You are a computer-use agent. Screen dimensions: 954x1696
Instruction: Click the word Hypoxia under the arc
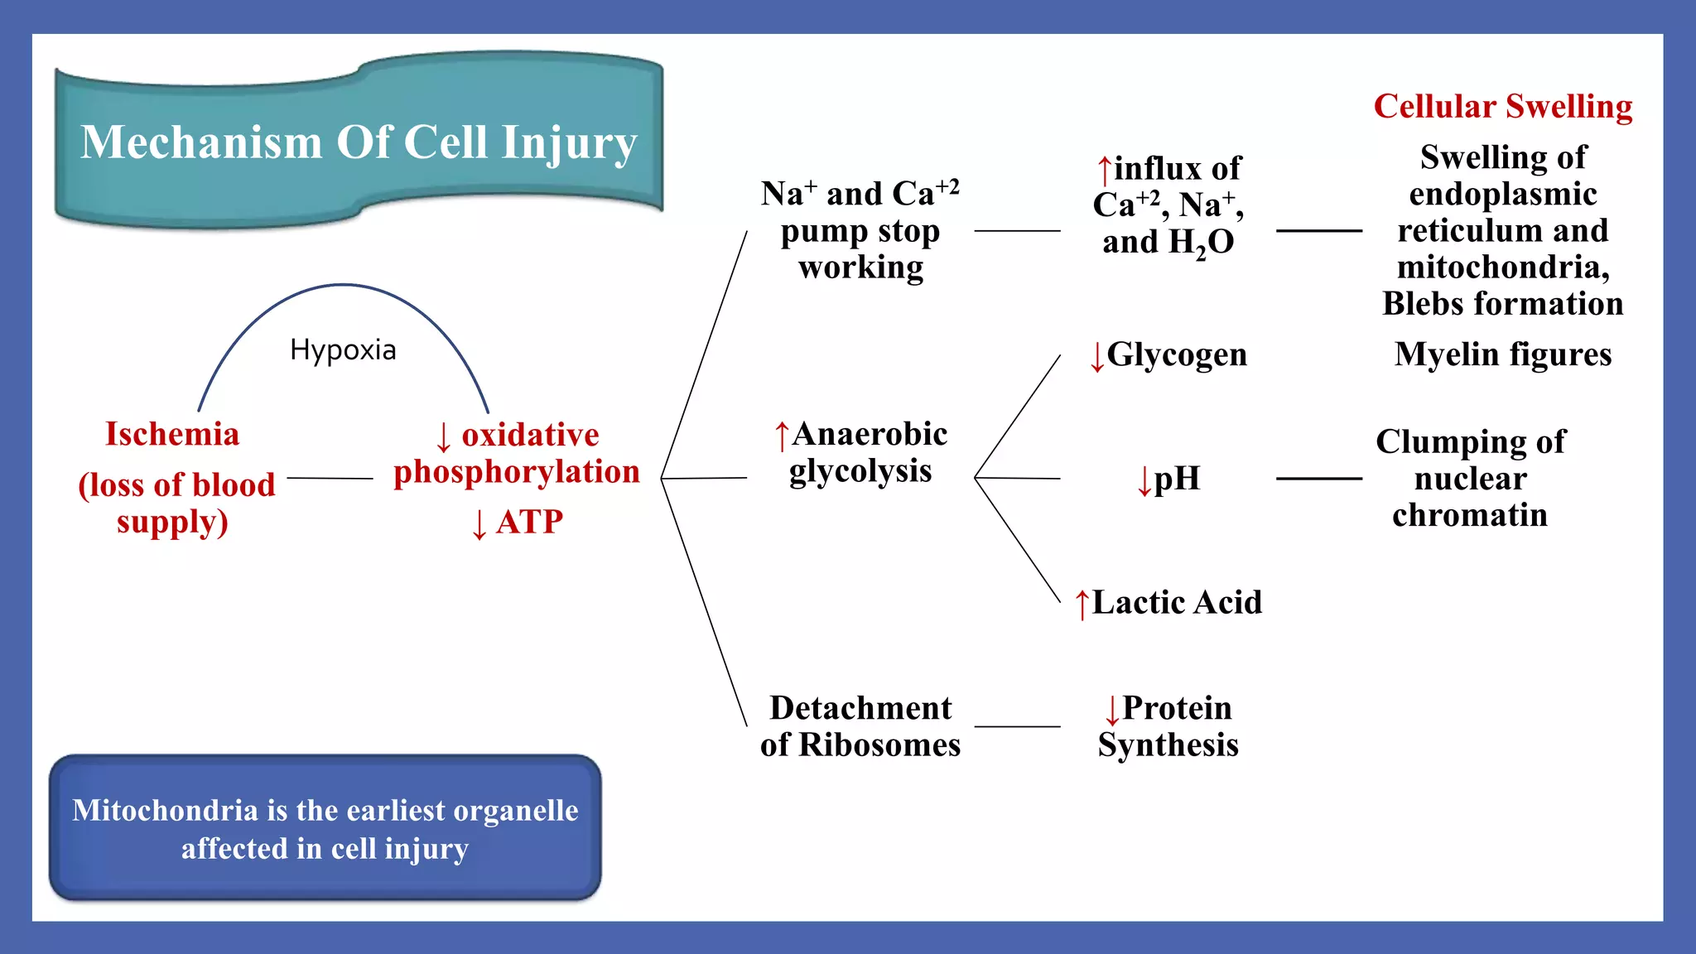coord(343,350)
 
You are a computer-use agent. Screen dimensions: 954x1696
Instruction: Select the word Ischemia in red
coord(172,434)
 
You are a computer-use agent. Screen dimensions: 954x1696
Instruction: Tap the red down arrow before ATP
coord(479,523)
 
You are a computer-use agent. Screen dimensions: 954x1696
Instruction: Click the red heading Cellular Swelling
coord(1502,107)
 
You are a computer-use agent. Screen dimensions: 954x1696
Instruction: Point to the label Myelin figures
coord(1502,354)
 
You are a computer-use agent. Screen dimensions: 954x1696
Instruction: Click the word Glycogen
coord(1176,354)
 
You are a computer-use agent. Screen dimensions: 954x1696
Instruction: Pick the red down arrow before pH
coord(1144,479)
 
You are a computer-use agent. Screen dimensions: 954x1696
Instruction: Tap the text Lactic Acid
coord(1176,602)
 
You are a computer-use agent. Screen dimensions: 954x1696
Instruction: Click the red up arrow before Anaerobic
coord(781,436)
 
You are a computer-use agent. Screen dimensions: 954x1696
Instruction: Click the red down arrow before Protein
coord(1111,710)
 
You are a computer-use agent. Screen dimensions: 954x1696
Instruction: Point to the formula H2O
coord(1200,243)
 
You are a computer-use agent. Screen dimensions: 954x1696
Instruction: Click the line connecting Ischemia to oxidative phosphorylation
coord(330,478)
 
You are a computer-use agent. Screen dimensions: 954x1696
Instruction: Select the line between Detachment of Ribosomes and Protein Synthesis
coord(1017,726)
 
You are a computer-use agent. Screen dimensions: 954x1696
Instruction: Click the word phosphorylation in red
coord(516,471)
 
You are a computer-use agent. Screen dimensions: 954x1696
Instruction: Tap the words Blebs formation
coord(1502,304)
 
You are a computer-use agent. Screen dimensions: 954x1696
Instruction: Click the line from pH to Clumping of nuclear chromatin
coord(1318,479)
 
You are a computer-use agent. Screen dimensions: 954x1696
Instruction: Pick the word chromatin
coord(1469,515)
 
